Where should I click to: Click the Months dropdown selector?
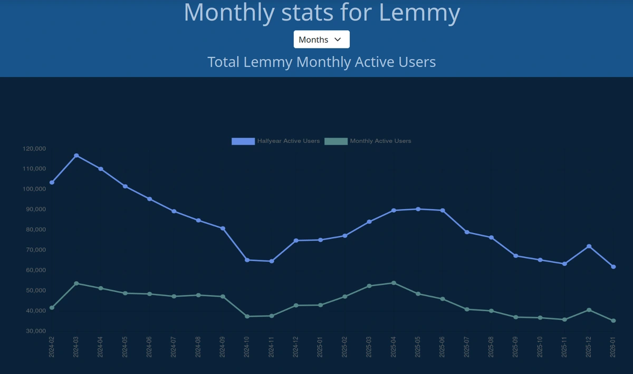321,40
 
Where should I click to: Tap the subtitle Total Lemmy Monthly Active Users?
321,62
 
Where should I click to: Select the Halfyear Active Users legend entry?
276,141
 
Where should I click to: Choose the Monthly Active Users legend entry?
368,141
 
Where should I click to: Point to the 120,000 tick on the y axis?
35,149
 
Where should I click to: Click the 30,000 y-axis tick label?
35,331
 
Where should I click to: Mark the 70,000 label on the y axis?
35,250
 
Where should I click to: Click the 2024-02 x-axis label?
52,347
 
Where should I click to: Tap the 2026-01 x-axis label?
613,347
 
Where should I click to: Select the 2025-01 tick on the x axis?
320,347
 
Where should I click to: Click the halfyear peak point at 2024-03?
76,156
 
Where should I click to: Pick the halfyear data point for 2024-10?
247,260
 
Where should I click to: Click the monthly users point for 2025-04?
394,283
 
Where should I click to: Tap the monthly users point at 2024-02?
52,308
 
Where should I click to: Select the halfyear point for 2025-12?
589,246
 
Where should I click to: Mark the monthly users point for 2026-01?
613,321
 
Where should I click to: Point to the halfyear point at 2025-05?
418,209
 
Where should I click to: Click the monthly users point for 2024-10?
247,317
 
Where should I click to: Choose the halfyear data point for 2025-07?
467,232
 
